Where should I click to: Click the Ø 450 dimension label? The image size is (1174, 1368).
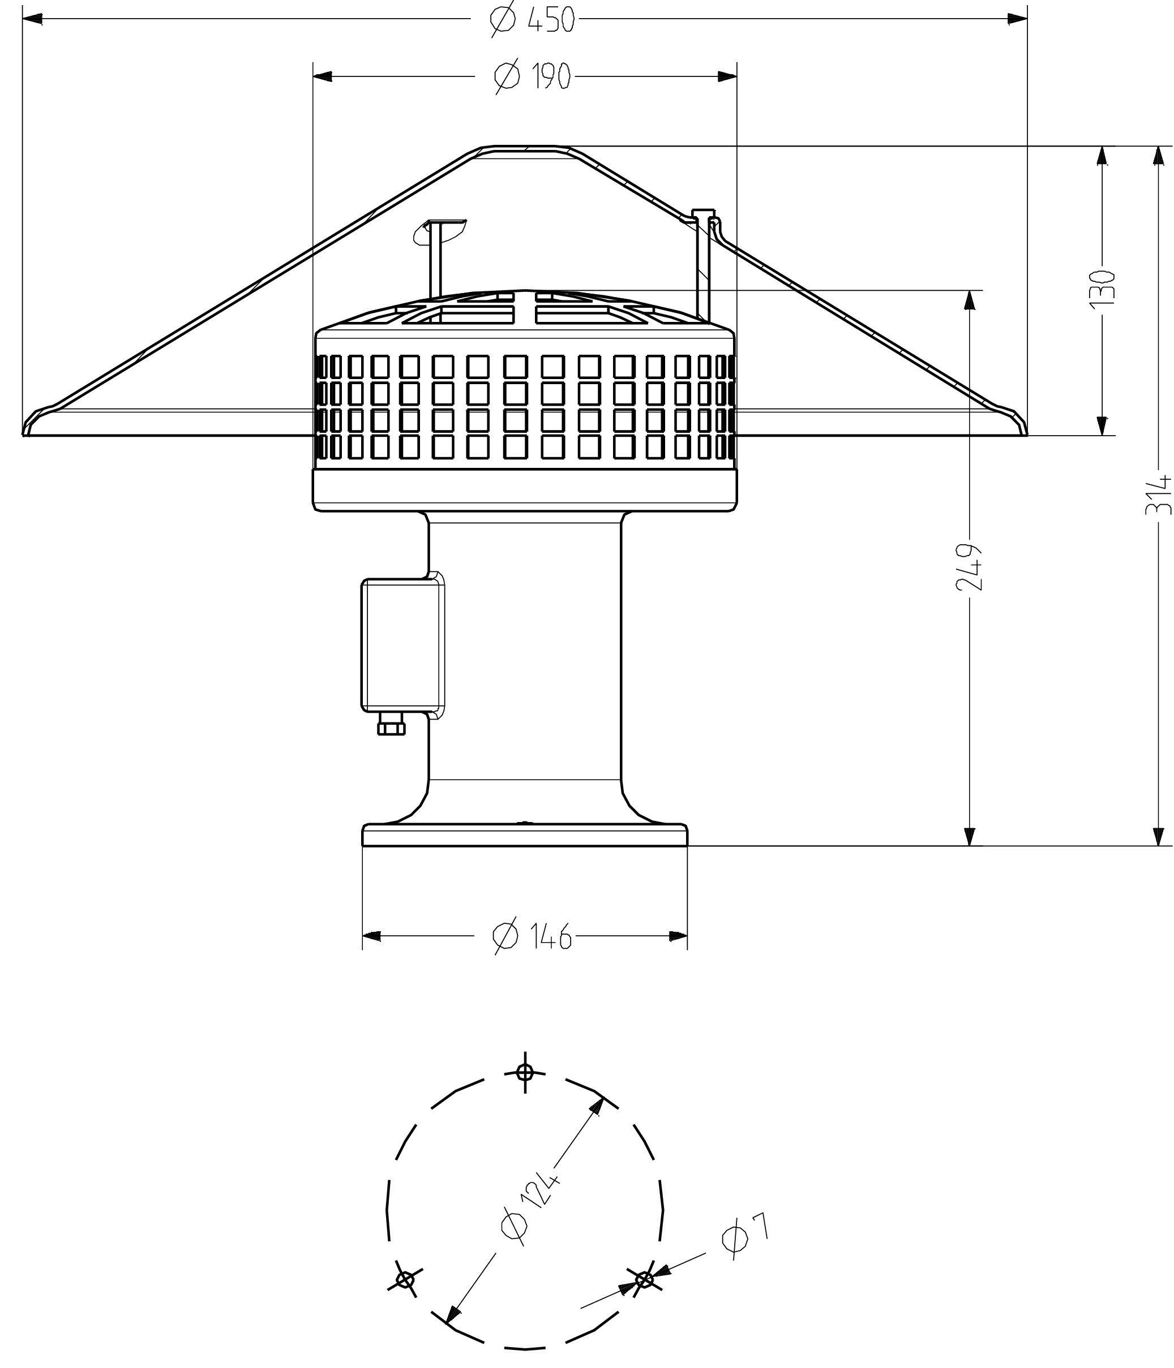coord(533,19)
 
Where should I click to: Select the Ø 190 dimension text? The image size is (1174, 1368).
coord(532,76)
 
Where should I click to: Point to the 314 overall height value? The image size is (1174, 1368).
coord(1158,494)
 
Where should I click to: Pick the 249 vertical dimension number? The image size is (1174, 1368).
coord(969,567)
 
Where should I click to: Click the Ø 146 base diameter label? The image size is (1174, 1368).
coord(532,936)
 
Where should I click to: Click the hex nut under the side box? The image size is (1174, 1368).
coord(391,728)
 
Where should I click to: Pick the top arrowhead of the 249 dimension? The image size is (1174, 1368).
coord(969,300)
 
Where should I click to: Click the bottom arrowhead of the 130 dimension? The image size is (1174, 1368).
coord(1102,426)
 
